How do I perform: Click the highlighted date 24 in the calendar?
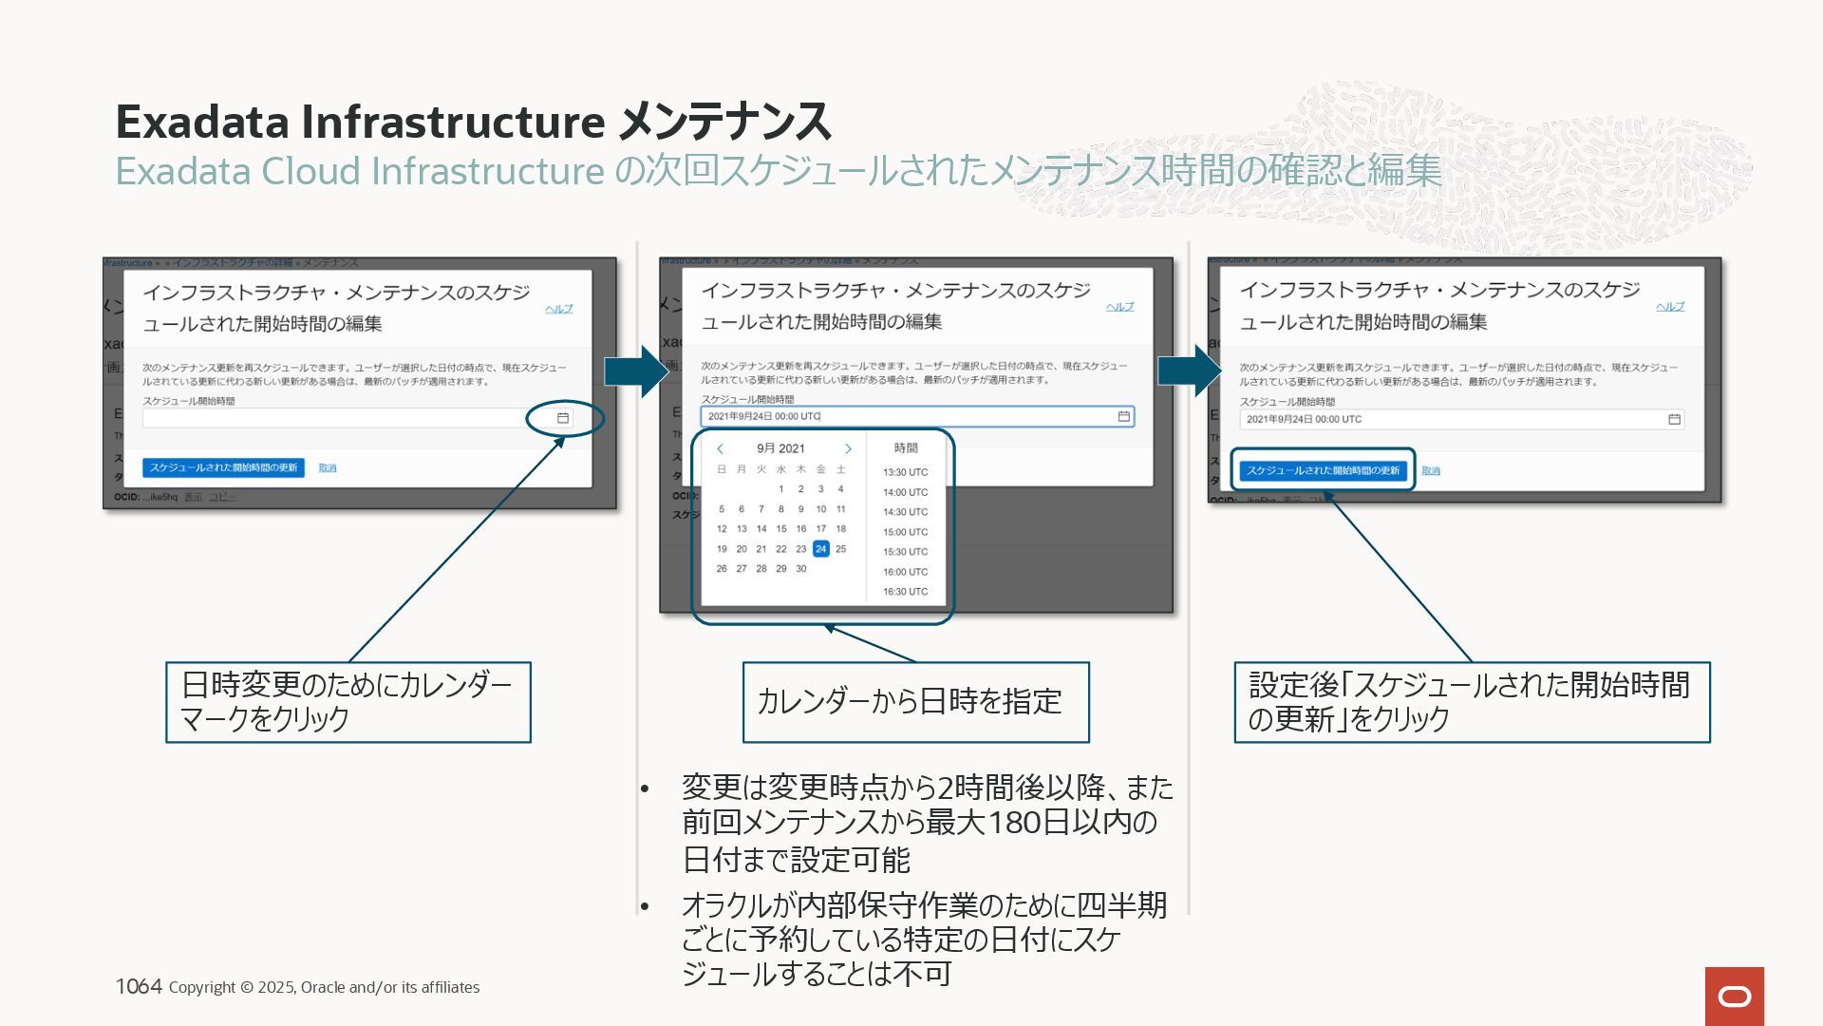pyautogui.click(x=820, y=549)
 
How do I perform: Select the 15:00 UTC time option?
pyautogui.click(x=905, y=532)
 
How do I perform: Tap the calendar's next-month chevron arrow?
pyautogui.click(x=848, y=448)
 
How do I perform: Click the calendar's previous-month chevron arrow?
pyautogui.click(x=721, y=448)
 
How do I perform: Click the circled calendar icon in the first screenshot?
pyautogui.click(x=563, y=418)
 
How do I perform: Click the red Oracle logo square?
pyautogui.click(x=1734, y=996)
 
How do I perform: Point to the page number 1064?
pyautogui.click(x=139, y=986)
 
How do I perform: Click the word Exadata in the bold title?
pyautogui.click(x=202, y=122)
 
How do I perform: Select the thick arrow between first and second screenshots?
pyautogui.click(x=637, y=370)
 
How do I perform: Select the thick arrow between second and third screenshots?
pyautogui.click(x=1190, y=370)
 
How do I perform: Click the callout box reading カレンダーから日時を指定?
pyautogui.click(x=915, y=702)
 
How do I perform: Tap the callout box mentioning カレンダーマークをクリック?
pyautogui.click(x=348, y=702)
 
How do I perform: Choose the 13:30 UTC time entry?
pyautogui.click(x=905, y=472)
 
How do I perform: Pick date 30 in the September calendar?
pyautogui.click(x=800, y=569)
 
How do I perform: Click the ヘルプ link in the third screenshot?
pyautogui.click(x=1670, y=307)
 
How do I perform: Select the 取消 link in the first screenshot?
pyautogui.click(x=328, y=468)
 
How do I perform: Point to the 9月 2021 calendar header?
pyautogui.click(x=780, y=448)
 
